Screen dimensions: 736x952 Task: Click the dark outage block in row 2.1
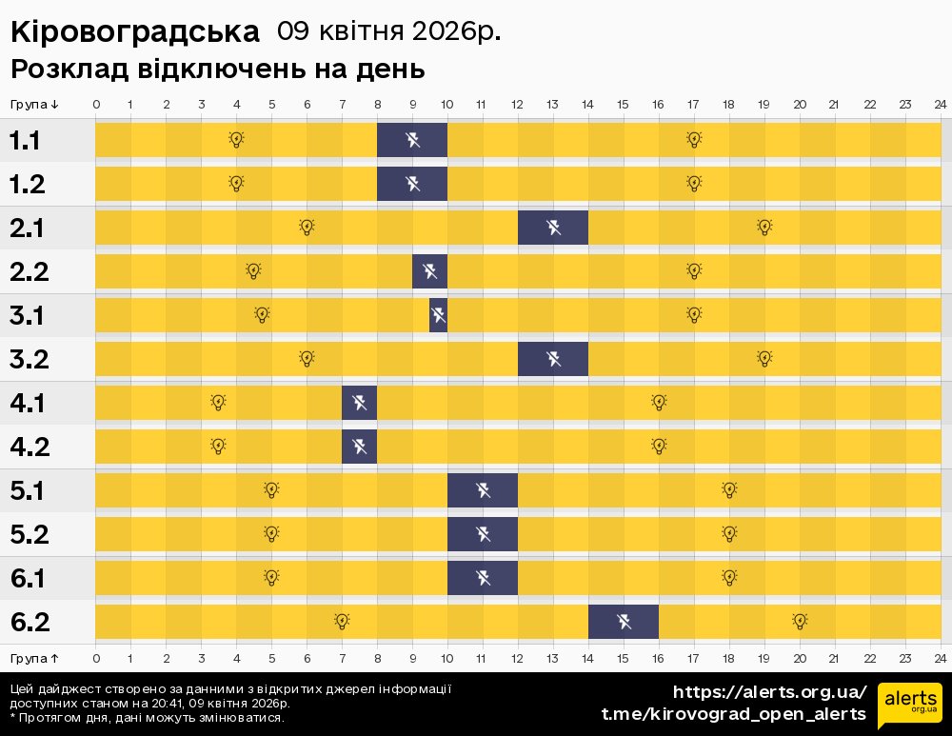[x=553, y=228]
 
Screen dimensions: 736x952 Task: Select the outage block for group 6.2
[x=624, y=622]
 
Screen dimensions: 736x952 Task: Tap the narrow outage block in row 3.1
[x=438, y=315]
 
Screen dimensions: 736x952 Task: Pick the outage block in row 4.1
[x=360, y=403]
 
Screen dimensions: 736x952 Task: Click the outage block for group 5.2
[x=483, y=534]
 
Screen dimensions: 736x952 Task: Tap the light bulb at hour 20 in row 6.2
[x=800, y=621]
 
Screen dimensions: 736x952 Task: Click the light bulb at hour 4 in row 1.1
[x=236, y=140]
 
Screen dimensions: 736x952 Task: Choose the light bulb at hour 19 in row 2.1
[x=764, y=227]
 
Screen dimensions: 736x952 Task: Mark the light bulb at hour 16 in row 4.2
[x=659, y=446]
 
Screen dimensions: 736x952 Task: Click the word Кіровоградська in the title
[x=134, y=32]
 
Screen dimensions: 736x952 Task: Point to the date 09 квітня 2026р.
[x=388, y=32]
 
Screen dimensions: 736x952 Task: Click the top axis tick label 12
[x=518, y=104]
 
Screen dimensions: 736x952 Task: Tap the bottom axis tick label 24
[x=940, y=658]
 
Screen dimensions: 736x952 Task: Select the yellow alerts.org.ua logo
[x=909, y=705]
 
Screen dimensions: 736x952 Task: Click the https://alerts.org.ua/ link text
[x=769, y=692]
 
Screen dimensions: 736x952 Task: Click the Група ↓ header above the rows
[x=35, y=104]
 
